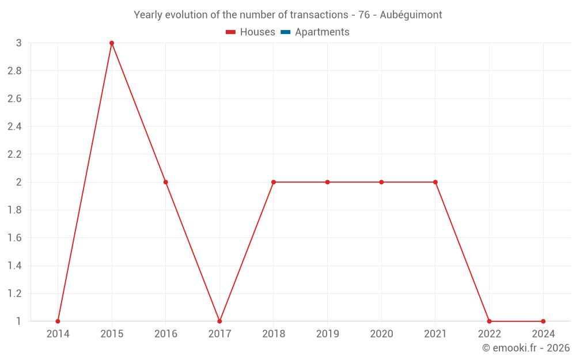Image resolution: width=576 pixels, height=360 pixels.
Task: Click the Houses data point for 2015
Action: pos(112,43)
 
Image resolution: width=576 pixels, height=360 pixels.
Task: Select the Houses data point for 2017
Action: pos(219,321)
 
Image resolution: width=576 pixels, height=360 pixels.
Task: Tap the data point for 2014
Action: pos(58,321)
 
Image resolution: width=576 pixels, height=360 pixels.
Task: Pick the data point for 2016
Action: pos(166,182)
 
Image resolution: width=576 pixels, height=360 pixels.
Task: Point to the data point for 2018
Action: pos(274,182)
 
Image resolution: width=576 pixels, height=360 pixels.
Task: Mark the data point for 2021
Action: pos(435,182)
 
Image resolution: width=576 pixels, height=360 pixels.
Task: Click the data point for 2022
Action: pos(489,321)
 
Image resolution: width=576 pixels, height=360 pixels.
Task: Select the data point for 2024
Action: pos(543,321)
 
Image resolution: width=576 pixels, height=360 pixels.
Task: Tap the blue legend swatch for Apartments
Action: pos(285,32)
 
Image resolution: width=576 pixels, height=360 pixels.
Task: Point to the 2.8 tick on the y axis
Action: pos(14,71)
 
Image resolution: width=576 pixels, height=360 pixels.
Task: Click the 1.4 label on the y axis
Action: pos(14,266)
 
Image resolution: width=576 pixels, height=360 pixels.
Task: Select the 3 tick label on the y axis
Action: pos(19,43)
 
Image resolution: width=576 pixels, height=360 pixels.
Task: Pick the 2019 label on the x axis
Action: pos(327,334)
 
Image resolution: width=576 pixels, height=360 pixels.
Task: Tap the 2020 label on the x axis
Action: pos(381,334)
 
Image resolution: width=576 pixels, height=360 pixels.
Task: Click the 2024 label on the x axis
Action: pos(543,334)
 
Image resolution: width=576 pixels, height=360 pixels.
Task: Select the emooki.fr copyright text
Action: pos(526,348)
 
